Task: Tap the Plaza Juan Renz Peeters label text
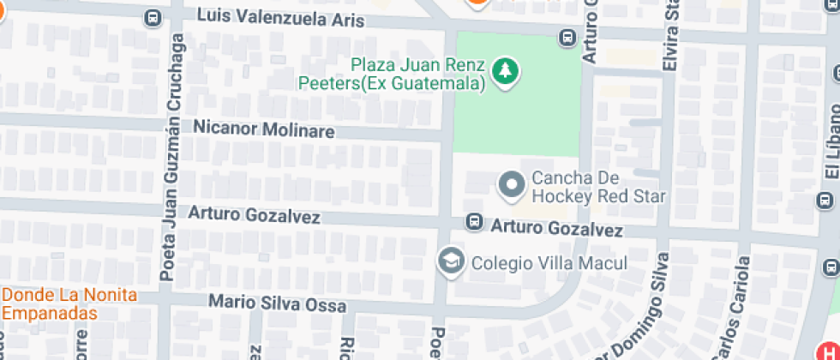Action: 393,74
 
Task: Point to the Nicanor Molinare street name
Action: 263,130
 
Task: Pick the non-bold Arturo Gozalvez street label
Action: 255,215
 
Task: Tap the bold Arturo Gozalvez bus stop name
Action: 556,230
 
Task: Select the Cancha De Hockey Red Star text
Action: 598,188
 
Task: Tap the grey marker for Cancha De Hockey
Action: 512,183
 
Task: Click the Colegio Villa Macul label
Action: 549,263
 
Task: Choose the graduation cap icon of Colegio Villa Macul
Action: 448,261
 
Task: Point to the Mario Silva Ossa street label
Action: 279,303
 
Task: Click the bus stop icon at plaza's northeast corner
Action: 567,38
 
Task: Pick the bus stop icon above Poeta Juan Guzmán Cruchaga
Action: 153,16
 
